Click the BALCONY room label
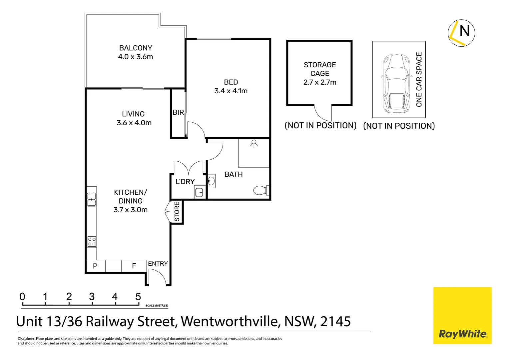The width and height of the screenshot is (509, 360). click(x=136, y=48)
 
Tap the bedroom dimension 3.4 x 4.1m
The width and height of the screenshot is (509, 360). click(x=231, y=91)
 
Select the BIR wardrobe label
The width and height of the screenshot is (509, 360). click(x=178, y=113)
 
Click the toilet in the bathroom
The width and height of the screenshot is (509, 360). click(x=260, y=190)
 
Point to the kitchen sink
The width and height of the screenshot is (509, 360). click(x=92, y=199)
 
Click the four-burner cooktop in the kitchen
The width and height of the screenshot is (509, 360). click(x=92, y=242)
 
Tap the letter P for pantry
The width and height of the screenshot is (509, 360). click(x=95, y=266)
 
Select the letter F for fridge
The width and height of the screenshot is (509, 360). click(x=134, y=266)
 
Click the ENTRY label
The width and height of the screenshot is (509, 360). click(x=158, y=264)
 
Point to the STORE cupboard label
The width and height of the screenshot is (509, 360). click(x=177, y=212)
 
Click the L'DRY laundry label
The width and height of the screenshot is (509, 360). click(x=185, y=182)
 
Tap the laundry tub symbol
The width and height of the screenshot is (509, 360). click(x=199, y=192)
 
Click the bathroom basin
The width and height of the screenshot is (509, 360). click(x=211, y=181)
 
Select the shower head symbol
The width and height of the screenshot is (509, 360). click(x=254, y=143)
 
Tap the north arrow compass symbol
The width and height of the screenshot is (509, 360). click(x=461, y=33)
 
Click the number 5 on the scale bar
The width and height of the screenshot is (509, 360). click(x=138, y=297)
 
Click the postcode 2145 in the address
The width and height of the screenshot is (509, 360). click(x=335, y=321)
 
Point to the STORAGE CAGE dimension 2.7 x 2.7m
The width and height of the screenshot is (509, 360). click(x=320, y=82)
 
